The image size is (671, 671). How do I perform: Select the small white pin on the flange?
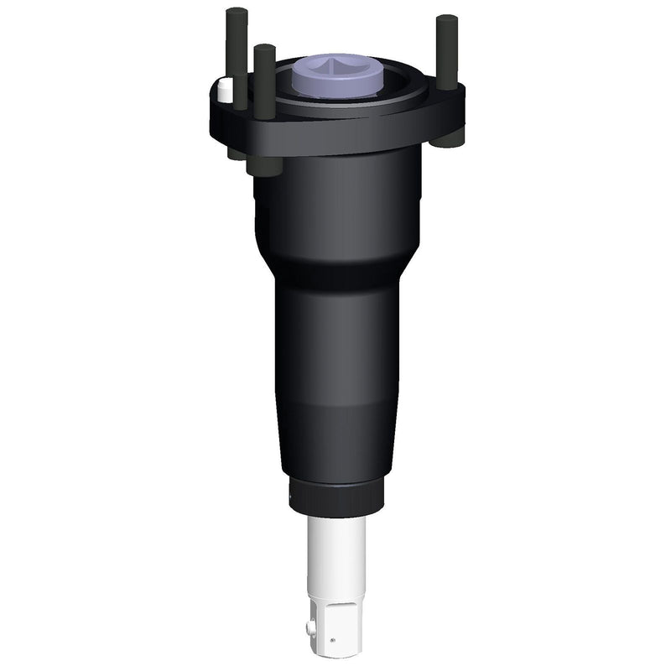pyautogui.click(x=224, y=91)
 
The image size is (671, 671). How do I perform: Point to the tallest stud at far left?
pyautogui.click(x=237, y=50)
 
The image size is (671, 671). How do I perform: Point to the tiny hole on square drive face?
pyautogui.click(x=334, y=640)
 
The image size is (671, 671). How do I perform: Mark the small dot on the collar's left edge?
pyautogui.click(x=291, y=497)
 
